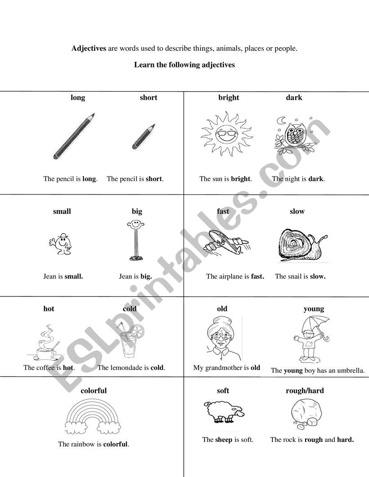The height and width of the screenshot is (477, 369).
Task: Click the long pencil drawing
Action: [x=74, y=136]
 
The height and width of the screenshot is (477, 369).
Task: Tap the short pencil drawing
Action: [x=143, y=137]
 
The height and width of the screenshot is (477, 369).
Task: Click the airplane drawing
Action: [x=226, y=242]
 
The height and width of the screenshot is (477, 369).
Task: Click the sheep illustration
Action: [x=223, y=411]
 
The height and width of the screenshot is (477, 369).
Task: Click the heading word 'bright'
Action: [x=229, y=97]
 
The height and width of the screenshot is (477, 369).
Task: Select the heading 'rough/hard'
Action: [x=305, y=391]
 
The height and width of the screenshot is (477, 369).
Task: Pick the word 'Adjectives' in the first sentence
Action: [x=89, y=49]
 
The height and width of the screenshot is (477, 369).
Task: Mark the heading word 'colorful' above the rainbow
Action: [x=93, y=391]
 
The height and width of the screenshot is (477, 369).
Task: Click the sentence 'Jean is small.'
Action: [x=63, y=276]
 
